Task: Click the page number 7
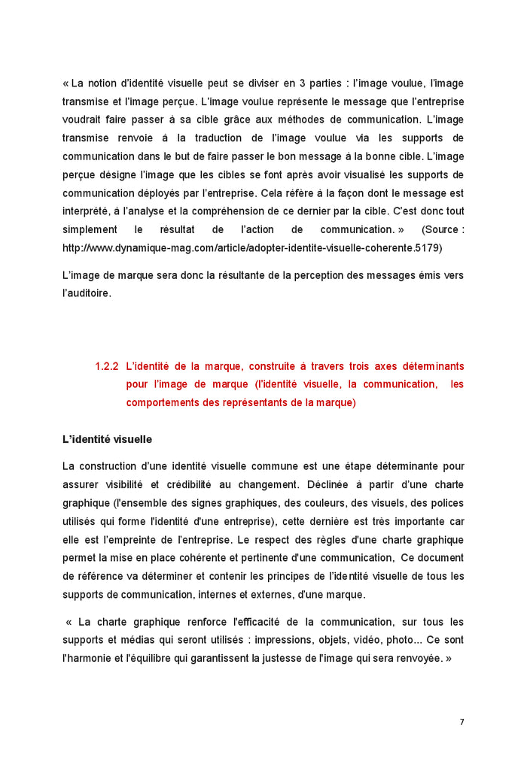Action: [462, 723]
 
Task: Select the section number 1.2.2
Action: [107, 366]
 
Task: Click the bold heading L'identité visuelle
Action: [107, 439]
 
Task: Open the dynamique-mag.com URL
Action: [252, 247]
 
